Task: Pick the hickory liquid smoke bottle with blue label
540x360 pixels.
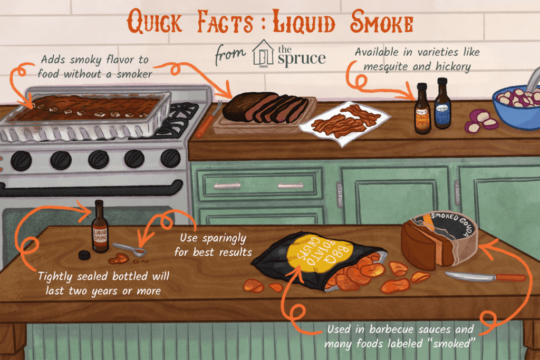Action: pyautogui.click(x=442, y=108)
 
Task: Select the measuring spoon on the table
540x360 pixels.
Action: pyautogui.click(x=129, y=249)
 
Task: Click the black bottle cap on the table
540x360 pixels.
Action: pyautogui.click(x=83, y=255)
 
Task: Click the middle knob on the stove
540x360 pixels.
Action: pyautogui.click(x=99, y=159)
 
